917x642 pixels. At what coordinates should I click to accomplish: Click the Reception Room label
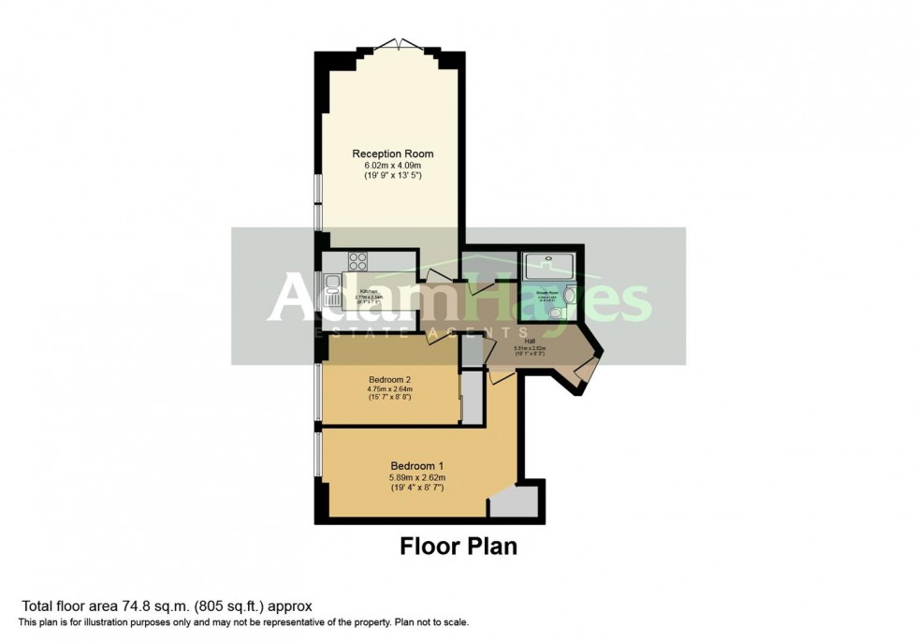[392, 153]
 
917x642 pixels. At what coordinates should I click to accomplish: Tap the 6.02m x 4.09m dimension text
[392, 165]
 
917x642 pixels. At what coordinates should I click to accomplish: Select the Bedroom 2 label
[388, 379]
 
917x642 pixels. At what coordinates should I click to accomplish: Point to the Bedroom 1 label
[416, 465]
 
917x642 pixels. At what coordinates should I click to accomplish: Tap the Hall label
[531, 342]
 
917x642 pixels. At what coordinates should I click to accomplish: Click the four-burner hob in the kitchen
[359, 258]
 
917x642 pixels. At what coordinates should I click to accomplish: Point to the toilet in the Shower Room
[558, 315]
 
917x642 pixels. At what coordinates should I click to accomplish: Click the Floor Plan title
[458, 546]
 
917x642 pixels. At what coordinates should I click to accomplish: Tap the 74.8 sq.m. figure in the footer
[143, 606]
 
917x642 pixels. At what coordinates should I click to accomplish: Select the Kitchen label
[368, 291]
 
